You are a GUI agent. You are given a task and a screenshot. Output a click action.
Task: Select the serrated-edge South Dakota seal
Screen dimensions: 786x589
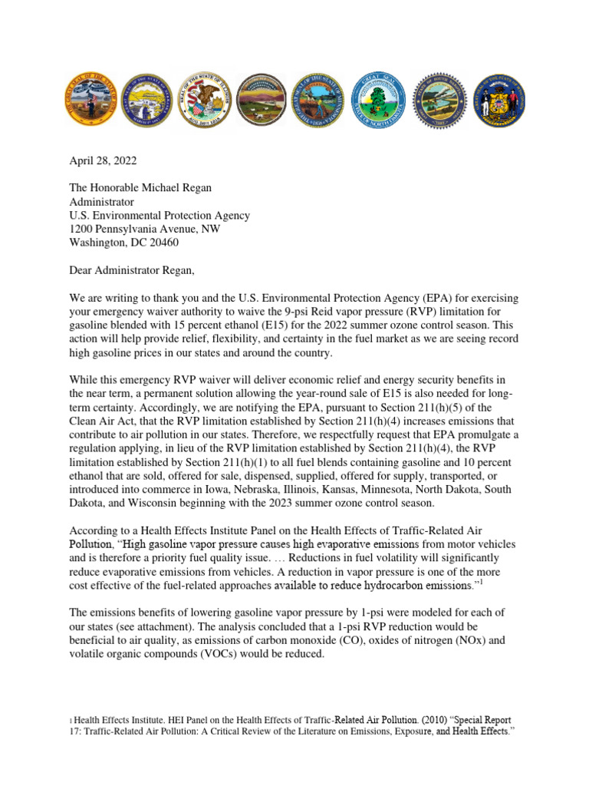point(438,100)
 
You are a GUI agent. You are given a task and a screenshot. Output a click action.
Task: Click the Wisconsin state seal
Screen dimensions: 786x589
point(497,100)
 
